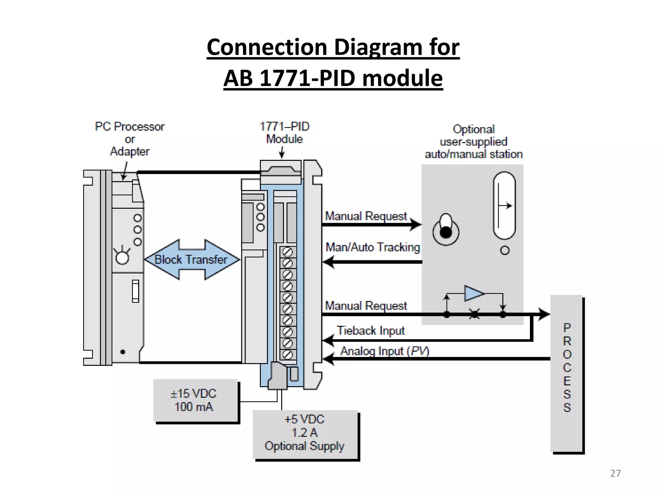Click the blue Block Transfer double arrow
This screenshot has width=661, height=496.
192,260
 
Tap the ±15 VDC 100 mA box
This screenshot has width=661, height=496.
195,400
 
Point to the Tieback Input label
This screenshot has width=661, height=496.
371,331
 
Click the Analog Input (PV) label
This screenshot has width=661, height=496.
384,351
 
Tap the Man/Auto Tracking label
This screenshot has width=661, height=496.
373,247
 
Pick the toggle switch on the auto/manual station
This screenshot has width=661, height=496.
446,230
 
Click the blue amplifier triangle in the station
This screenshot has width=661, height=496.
473,293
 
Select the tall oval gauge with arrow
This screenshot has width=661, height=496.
504,205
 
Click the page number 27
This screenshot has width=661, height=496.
615,473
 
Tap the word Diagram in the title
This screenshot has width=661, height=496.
378,47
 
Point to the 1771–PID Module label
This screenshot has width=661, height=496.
284,133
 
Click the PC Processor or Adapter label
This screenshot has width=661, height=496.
130,139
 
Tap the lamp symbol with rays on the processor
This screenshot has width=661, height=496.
122,257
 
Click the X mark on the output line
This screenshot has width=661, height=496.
474,314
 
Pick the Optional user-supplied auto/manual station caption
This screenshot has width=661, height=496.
473,142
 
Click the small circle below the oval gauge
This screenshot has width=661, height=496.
505,250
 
